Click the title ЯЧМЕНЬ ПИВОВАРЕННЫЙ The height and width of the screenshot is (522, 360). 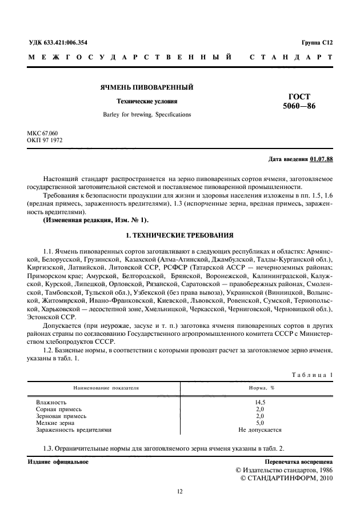click(x=147, y=87)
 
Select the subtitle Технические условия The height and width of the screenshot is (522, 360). click(x=147, y=101)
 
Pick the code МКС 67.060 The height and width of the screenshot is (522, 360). click(x=43, y=133)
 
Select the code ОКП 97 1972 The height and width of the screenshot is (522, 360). click(x=45, y=140)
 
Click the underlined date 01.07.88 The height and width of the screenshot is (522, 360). click(x=322, y=159)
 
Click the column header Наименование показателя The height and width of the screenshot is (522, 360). click(x=105, y=388)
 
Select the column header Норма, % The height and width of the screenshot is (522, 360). click(x=261, y=388)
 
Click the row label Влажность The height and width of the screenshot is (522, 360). click(x=51, y=403)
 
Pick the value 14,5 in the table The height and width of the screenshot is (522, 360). click(x=261, y=403)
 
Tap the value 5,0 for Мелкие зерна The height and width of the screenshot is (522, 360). click(x=261, y=423)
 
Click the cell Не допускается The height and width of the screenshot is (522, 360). click(x=261, y=429)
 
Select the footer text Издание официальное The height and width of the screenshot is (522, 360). click(x=58, y=461)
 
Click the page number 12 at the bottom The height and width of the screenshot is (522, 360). click(x=179, y=491)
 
